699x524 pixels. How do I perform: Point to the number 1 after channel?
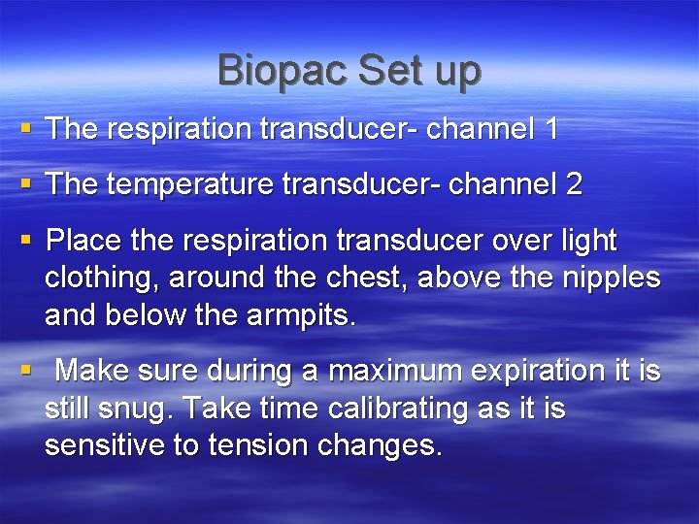pyautogui.click(x=550, y=129)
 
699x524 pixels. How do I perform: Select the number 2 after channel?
pyautogui.click(x=573, y=184)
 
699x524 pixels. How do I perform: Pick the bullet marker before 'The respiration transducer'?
pyautogui.click(x=25, y=128)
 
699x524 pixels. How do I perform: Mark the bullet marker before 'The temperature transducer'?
pyautogui.click(x=25, y=183)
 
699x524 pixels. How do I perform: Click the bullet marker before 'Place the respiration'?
pyautogui.click(x=25, y=239)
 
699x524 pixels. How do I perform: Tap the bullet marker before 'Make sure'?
pyautogui.click(x=25, y=370)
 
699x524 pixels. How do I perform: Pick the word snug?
pyautogui.click(x=138, y=409)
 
